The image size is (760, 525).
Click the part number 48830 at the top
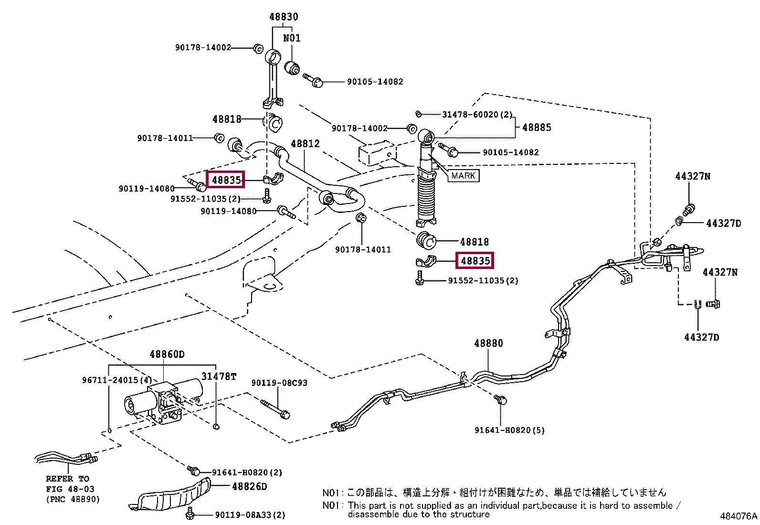pos(284,17)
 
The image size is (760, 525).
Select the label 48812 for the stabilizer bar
pos(305,144)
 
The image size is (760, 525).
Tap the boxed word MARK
pos(463,176)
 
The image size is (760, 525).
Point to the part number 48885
pos(537,128)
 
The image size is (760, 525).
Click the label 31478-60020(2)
pos(477,115)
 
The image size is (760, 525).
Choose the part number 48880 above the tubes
pos(488,343)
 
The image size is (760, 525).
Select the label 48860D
pos(167,354)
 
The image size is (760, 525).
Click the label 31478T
pos(219,376)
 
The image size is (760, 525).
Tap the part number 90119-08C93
pos(279,383)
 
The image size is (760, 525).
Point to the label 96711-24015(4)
pos(116,380)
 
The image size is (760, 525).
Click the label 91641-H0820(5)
pos(509,430)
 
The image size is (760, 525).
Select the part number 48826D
pos(249,487)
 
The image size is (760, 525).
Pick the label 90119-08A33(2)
pos(250,515)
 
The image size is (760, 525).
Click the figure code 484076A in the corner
pos(739,516)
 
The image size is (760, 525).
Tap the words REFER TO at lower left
pos(67,479)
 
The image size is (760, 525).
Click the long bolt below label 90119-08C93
pos(275,409)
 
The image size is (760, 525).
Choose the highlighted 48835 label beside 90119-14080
pos(226,180)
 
